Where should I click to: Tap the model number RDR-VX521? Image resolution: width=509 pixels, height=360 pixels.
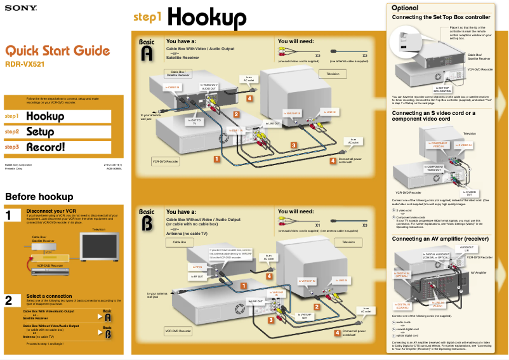tap(25, 64)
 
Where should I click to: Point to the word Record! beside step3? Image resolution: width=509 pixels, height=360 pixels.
tap(45, 147)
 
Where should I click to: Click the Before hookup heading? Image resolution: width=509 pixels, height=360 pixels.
tap(39, 196)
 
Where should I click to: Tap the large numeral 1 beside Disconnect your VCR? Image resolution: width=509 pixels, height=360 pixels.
tap(10, 216)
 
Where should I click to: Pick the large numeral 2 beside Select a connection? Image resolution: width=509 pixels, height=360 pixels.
tap(10, 300)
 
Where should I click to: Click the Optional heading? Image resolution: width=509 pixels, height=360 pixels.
tap(405, 8)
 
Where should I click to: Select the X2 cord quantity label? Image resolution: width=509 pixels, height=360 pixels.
tap(317, 56)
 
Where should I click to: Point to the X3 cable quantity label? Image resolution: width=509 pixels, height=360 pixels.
tap(364, 225)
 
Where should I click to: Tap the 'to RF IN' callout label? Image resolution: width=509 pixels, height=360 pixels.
tap(197, 267)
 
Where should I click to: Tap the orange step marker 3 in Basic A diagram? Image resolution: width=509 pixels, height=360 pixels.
tap(294, 145)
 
